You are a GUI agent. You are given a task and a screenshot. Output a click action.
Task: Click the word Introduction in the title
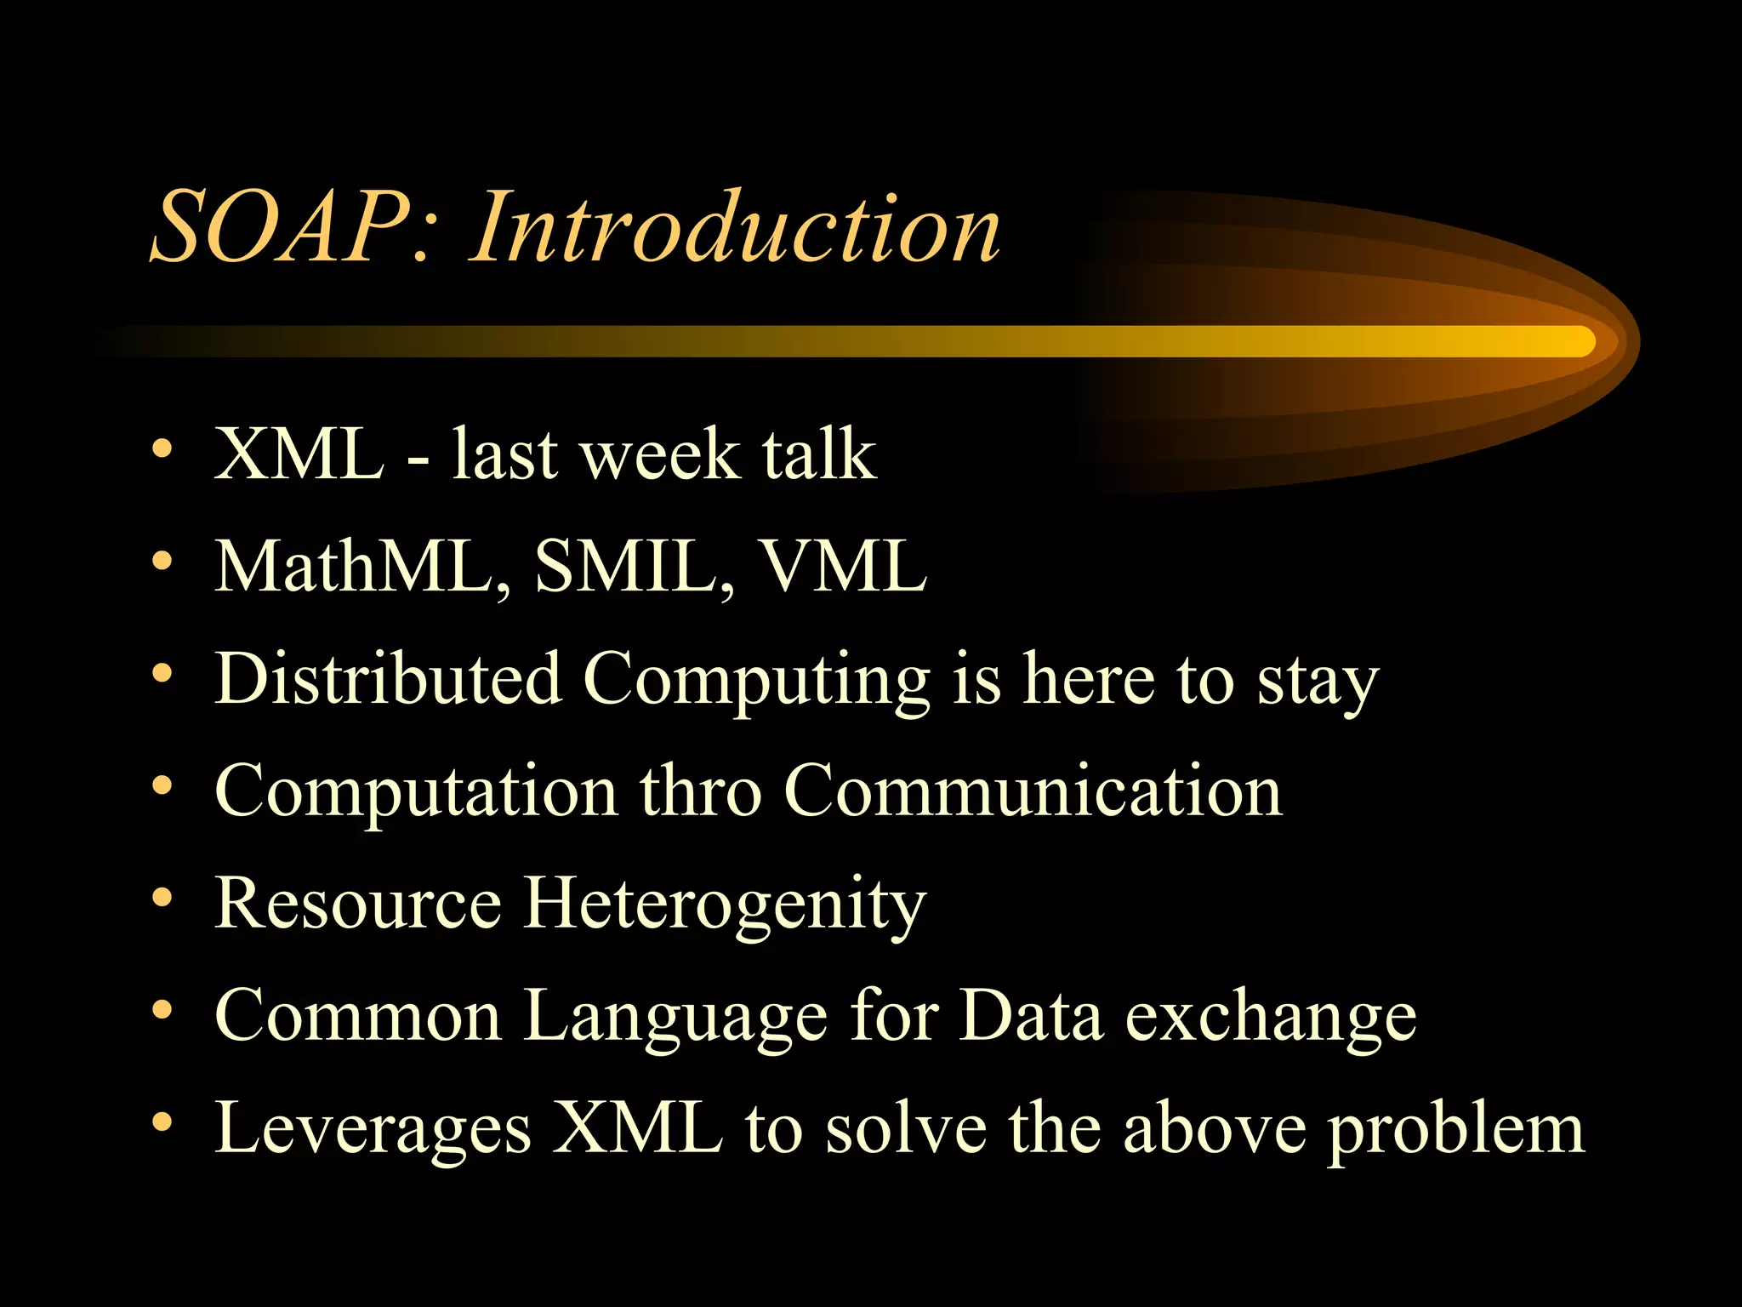click(x=736, y=228)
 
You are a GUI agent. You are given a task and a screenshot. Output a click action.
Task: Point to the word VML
click(x=842, y=566)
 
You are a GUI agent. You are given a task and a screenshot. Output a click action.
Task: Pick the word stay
click(x=1318, y=683)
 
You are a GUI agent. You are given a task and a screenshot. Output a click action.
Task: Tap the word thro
click(x=700, y=791)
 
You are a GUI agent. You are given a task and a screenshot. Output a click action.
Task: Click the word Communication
click(x=1033, y=791)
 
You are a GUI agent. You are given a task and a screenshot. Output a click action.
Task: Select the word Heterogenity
click(x=724, y=905)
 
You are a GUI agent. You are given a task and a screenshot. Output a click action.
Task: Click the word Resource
click(x=358, y=903)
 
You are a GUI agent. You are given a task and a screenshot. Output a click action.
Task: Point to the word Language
click(x=675, y=1017)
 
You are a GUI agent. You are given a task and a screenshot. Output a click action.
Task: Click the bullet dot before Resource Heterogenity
click(x=162, y=897)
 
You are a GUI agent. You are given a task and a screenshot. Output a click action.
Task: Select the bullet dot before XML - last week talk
click(x=162, y=448)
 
